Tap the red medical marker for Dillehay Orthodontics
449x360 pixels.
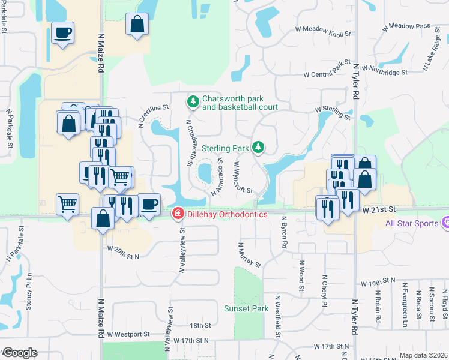pos(178,214)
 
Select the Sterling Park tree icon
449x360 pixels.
pos(258,147)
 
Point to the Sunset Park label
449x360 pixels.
pos(246,308)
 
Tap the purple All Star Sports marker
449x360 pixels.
pos(445,224)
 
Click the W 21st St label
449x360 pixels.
pos(379,210)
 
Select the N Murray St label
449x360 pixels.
pos(249,255)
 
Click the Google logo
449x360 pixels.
pos(19,353)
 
